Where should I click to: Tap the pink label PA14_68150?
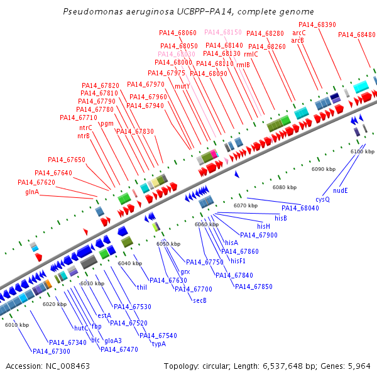[223, 31]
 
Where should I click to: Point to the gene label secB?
[200, 300]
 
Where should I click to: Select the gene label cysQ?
[322, 199]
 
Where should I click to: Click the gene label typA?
[159, 344]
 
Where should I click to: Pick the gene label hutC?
[81, 328]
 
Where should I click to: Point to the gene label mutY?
[182, 85]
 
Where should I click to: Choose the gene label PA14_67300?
[51, 351]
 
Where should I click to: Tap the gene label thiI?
[142, 287]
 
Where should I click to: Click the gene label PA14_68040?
[300, 208]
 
